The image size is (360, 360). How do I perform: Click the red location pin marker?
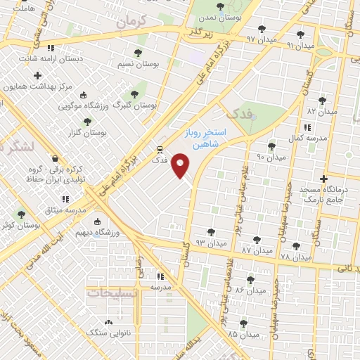coord(181,165)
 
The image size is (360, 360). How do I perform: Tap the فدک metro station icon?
coord(160,150)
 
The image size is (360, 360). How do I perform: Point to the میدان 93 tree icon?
coord(211,232)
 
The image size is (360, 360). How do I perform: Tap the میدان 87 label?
coord(257,250)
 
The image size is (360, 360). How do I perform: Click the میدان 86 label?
coord(250,290)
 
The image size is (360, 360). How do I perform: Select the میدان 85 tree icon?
coord(243,323)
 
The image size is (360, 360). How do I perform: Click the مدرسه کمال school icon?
coord(307,127)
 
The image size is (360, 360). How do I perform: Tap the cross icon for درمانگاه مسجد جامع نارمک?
coord(323,179)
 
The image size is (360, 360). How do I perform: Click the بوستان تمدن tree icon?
coord(220,7)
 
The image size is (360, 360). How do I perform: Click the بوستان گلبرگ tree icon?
coord(134,94)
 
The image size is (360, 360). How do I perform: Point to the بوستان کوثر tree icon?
coord(20,214)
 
